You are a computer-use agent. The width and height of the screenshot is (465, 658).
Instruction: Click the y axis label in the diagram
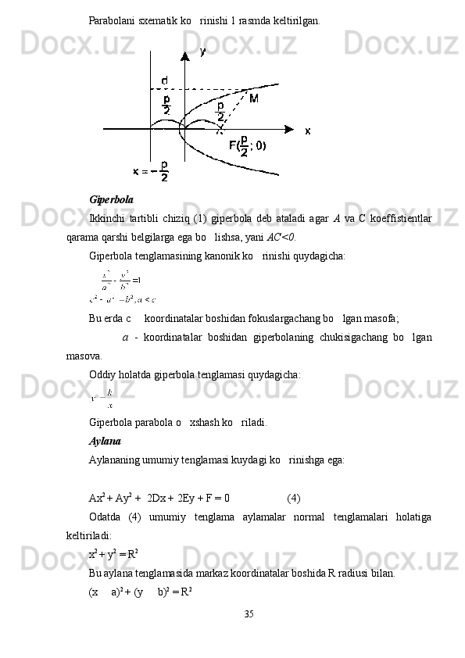coord(203,52)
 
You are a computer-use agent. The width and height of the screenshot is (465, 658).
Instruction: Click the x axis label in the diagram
coord(307,131)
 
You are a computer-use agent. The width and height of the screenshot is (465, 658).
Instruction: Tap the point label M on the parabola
coord(254,98)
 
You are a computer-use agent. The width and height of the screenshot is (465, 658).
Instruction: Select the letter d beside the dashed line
coord(164,80)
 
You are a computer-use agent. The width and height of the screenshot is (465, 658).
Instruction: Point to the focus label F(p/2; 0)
coord(247,146)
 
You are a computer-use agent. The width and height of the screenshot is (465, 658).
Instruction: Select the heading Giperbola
coord(111,199)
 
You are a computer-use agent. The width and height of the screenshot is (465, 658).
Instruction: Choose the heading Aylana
coord(105,441)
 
